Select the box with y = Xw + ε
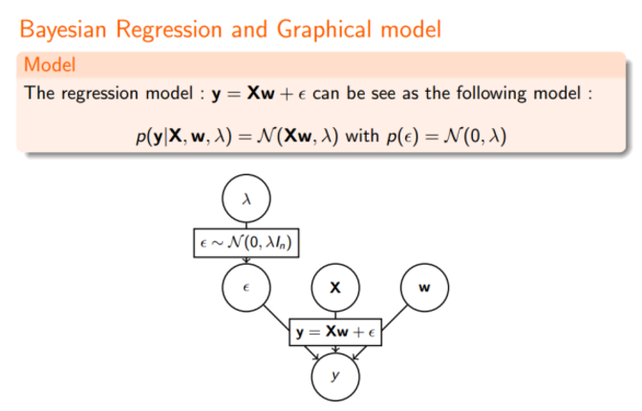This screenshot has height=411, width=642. click(334, 332)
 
